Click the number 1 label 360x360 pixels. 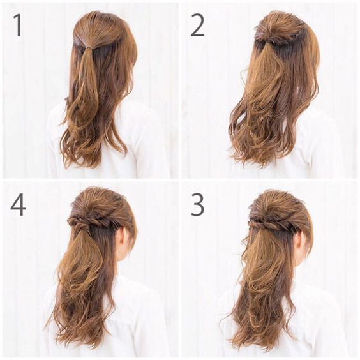pyautogui.click(x=18, y=25)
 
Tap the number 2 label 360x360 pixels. pyautogui.click(x=197, y=25)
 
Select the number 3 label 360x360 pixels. pyautogui.click(x=197, y=204)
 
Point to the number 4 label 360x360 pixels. pyautogui.click(x=18, y=204)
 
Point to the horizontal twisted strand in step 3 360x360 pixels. pyautogui.click(x=271, y=223)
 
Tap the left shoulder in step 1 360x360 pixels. pyautogui.click(x=55, y=117)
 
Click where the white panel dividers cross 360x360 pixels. pyautogui.click(x=180, y=180)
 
